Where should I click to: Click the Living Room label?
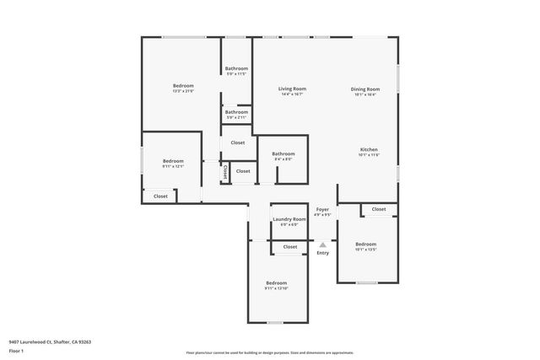coord(293,89)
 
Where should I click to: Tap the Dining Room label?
coord(365,89)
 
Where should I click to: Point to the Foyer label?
coord(322,209)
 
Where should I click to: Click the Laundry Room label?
coord(289,219)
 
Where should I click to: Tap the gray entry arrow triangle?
coord(322,244)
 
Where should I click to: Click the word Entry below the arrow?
coord(322,253)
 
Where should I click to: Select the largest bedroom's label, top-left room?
coord(183,85)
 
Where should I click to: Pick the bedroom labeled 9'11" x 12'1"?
coord(172,160)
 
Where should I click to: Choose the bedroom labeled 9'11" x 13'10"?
coord(276,282)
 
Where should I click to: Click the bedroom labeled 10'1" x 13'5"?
coord(365,244)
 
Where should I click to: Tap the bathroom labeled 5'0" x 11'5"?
coord(236,68)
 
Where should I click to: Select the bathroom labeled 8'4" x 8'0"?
coord(283,153)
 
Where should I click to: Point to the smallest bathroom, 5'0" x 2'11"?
coord(236,112)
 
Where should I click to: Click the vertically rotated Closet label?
coord(225,171)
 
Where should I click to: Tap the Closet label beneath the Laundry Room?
coord(289,247)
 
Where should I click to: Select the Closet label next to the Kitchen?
coord(378,209)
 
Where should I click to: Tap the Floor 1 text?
coord(16,350)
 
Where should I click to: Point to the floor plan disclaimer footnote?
coord(269,352)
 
